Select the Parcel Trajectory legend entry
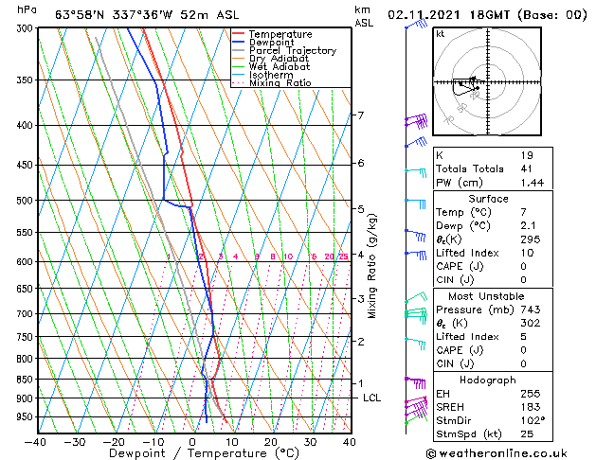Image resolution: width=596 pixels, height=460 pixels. pyautogui.click(x=292, y=51)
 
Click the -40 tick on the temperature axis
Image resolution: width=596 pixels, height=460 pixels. pyautogui.click(x=36, y=442)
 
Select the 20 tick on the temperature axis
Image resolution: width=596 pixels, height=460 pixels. pyautogui.click(x=271, y=442)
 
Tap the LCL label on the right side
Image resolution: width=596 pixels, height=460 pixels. pyautogui.click(x=371, y=398)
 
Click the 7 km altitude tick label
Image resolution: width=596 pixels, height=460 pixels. pyautogui.click(x=360, y=115)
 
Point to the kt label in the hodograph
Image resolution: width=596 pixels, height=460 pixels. pyautogui.click(x=441, y=34)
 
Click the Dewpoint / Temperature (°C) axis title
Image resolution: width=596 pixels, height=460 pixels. pyautogui.click(x=191, y=454)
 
